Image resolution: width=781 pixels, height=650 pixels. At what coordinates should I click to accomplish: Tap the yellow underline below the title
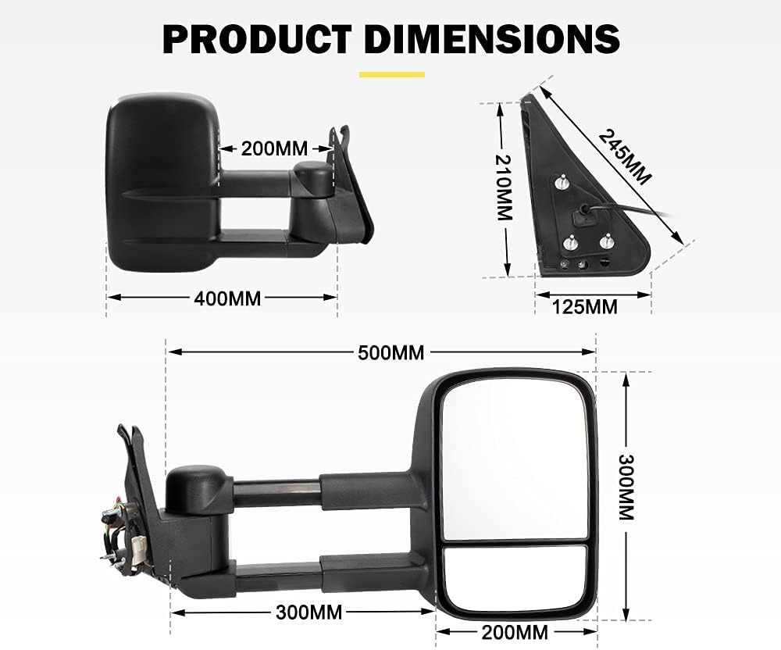click(x=391, y=74)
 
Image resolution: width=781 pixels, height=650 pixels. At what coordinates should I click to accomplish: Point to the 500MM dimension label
click(x=390, y=353)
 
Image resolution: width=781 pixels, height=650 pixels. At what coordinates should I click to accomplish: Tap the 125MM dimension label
click(x=584, y=307)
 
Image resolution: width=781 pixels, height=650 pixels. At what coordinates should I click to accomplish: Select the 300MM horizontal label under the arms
click(x=308, y=612)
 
